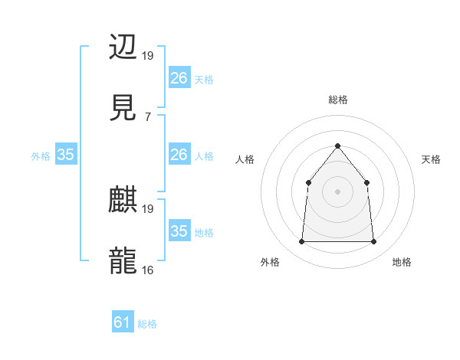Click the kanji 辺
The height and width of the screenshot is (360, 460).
coord(123,47)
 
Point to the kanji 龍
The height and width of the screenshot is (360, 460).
coord(123,260)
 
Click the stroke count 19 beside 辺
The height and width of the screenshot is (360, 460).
coord(148,56)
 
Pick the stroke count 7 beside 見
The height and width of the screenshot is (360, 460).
coord(147,116)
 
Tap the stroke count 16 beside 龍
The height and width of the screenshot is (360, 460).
coord(148,270)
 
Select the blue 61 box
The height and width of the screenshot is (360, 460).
coord(123,322)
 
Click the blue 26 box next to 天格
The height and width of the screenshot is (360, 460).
coord(179,77)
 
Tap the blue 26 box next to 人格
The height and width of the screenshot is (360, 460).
coord(179,155)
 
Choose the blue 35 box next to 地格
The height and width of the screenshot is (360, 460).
coord(179,231)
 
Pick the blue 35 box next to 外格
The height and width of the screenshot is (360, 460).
coord(66,155)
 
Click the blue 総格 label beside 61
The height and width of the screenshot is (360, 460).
coord(147,324)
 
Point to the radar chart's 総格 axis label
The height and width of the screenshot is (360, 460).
coord(337,100)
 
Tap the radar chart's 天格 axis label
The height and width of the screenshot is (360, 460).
coord(432,159)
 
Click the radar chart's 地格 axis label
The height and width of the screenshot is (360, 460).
coord(402,262)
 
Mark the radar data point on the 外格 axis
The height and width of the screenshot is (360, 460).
coord(302,242)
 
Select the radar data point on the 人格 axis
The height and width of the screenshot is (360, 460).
coord(308,182)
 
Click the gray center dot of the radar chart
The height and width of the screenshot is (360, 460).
coord(337,191)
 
